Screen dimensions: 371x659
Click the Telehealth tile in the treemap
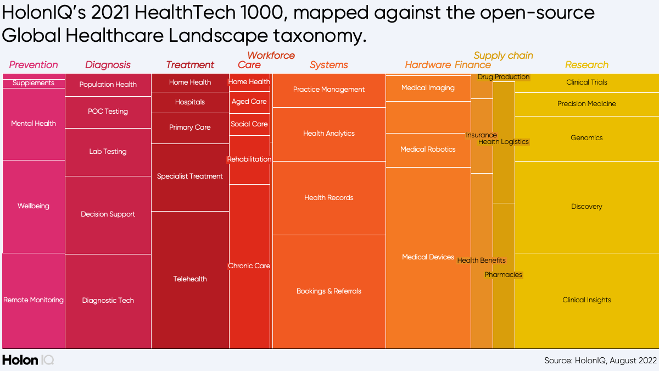click(190, 279)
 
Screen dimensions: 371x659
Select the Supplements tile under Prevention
click(33, 83)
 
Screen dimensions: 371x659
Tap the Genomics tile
click(587, 138)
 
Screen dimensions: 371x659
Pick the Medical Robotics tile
click(428, 149)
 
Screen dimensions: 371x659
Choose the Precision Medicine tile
click(587, 104)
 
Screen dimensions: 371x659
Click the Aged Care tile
click(249, 102)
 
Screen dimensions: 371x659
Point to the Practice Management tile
click(329, 90)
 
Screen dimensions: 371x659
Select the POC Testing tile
click(108, 112)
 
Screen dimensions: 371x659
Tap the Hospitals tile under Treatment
click(190, 102)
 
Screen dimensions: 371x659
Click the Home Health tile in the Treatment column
click(190, 82)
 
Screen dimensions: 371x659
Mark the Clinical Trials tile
click(587, 82)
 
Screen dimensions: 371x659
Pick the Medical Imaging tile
click(428, 88)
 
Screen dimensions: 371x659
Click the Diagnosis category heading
click(108, 65)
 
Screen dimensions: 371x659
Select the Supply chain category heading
click(503, 56)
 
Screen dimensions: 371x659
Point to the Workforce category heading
click(271, 56)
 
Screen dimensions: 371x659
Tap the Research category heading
click(587, 65)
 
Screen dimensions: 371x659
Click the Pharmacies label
click(504, 275)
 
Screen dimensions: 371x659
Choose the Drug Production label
click(504, 77)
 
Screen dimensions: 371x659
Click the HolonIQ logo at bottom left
click(27, 360)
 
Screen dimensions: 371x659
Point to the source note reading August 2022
click(600, 361)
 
